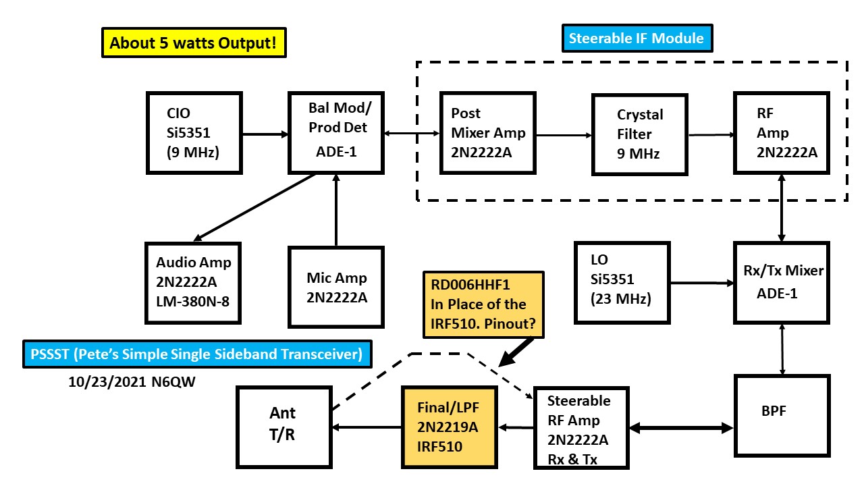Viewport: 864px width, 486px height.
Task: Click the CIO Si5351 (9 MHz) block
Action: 194,133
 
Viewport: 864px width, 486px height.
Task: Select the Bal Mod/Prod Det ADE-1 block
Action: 335,132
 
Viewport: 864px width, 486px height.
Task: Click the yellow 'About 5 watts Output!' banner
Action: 192,43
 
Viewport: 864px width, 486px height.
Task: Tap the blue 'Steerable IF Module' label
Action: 636,38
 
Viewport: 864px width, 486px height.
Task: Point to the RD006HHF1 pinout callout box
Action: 483,304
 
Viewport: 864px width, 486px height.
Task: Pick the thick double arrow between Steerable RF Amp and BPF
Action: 683,428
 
